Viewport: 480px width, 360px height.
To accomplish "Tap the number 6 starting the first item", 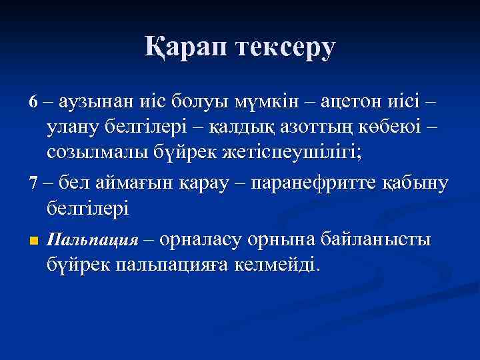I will click(x=35, y=103).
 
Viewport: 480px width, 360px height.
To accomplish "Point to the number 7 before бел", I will click(x=35, y=181).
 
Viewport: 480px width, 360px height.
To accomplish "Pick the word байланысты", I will click(x=377, y=239).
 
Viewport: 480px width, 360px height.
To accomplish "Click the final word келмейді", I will click(x=279, y=265).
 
